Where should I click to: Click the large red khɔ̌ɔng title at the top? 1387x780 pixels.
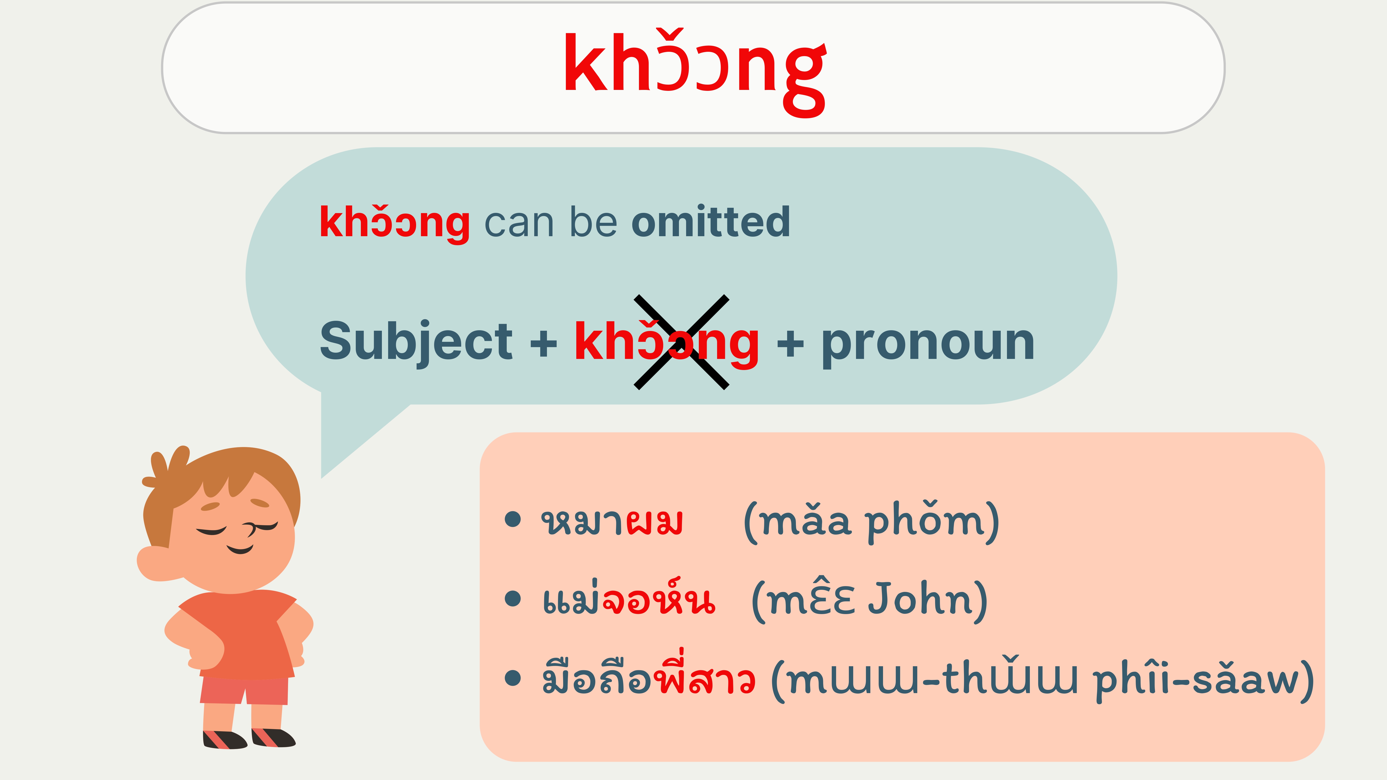[695, 73]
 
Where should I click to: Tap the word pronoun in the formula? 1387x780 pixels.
[928, 345]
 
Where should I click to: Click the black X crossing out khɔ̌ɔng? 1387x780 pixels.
[682, 342]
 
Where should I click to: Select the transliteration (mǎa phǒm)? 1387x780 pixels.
[871, 522]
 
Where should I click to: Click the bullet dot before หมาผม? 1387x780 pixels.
[513, 520]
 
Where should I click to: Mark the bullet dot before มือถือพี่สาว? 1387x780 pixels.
[513, 678]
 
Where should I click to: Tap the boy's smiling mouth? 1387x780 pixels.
[239, 549]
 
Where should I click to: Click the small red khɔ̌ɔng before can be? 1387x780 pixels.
[395, 222]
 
